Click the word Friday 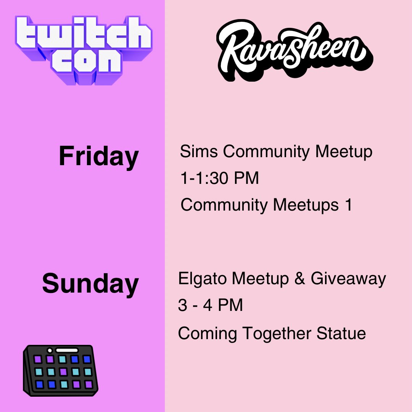click(x=98, y=156)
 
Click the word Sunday click(x=90, y=284)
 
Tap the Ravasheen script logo click(x=294, y=50)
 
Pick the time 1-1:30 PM click(x=219, y=178)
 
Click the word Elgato click(x=203, y=279)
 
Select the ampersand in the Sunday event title click(x=299, y=279)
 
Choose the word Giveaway click(x=348, y=279)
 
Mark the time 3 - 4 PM click(x=210, y=306)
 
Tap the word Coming click(x=208, y=333)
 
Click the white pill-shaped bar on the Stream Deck click(x=66, y=350)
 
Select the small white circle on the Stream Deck click(x=50, y=350)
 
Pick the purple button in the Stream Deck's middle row click(x=63, y=371)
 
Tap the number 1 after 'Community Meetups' click(x=348, y=205)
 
